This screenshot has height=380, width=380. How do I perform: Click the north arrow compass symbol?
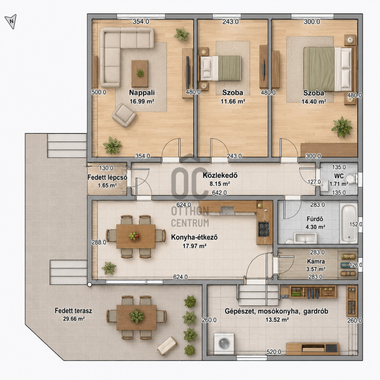(x=11, y=21)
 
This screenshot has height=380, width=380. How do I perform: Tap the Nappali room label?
(x=142, y=93)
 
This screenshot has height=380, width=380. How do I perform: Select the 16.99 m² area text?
(x=142, y=101)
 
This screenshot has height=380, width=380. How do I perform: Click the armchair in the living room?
(x=124, y=115)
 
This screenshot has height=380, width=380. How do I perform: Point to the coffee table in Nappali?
(x=140, y=74)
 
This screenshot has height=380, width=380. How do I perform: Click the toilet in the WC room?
(x=351, y=178)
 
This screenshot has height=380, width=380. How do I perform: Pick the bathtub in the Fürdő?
(x=349, y=223)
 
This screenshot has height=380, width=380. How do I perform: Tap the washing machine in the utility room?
(x=224, y=344)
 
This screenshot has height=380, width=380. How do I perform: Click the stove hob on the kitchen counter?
(x=264, y=229)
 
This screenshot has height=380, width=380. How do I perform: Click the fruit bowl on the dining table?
(x=134, y=236)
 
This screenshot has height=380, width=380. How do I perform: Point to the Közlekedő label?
(x=220, y=175)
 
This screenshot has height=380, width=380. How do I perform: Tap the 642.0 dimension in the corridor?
(x=219, y=193)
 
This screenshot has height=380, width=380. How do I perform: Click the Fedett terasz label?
(x=74, y=311)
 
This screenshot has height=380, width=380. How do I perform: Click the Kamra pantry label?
(x=316, y=262)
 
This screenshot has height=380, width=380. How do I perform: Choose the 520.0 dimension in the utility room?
(x=274, y=351)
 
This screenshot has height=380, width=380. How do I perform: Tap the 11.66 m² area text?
(x=233, y=101)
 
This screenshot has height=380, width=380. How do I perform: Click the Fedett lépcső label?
(x=107, y=177)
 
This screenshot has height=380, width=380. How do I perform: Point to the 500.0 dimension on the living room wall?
(x=99, y=92)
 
